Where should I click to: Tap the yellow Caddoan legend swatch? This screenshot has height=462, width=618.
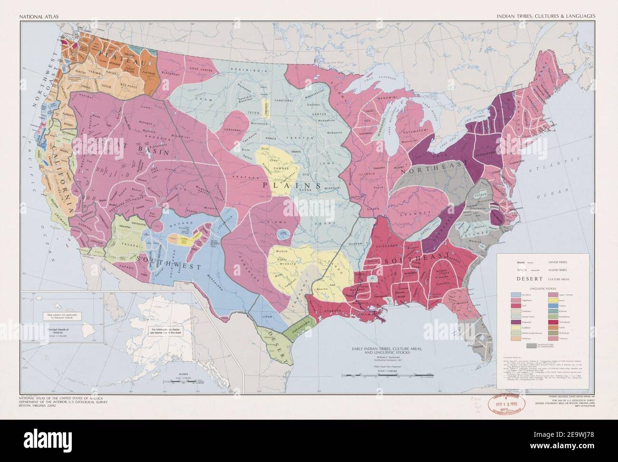tap(515, 327)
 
